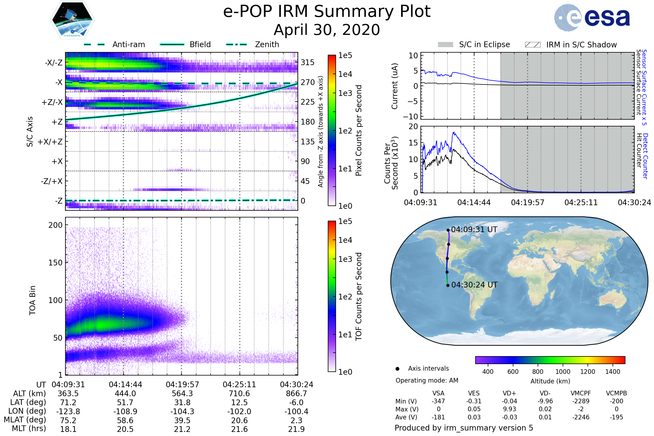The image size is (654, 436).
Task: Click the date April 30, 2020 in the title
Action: click(327, 30)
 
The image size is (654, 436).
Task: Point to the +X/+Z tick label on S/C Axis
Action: click(50, 142)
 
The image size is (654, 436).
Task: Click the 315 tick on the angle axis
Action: click(308, 62)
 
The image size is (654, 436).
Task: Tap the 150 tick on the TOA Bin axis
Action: click(55, 263)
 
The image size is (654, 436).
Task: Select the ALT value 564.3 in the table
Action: click(182, 394)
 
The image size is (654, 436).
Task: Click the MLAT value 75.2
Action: click(68, 420)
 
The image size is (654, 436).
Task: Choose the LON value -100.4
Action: click(296, 411)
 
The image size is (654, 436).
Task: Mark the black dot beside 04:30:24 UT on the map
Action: click(448, 285)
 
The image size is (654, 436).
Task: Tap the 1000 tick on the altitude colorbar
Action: click(563, 372)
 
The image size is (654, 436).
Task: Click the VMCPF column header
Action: click(581, 393)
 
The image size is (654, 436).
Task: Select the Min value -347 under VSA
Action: click(438, 401)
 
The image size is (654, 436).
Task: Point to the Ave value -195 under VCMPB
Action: click(616, 417)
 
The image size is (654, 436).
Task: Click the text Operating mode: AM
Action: click(427, 380)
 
